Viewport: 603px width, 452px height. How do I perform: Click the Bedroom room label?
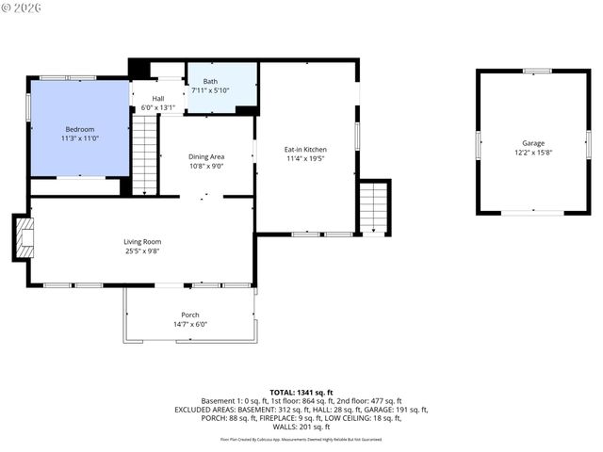coord(79,129)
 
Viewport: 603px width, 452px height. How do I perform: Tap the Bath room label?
coord(209,81)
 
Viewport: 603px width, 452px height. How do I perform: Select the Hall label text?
coord(157,98)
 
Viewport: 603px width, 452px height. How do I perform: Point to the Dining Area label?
coord(205,156)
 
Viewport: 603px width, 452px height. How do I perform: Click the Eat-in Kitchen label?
coord(305,149)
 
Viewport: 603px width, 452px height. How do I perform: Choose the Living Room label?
coord(142,241)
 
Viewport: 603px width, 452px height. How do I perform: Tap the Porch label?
coord(190,315)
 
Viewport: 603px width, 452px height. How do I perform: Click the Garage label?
coord(532,143)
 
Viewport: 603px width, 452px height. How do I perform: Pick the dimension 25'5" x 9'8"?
coord(142,250)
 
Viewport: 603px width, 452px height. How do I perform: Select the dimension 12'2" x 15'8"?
coord(532,153)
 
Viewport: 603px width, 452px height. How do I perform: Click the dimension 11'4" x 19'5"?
coord(305,158)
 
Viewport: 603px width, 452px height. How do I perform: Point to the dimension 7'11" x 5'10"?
coord(209,90)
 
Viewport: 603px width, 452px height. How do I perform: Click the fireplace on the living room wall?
coord(24,237)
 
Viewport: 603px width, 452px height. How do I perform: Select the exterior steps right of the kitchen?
coord(374,206)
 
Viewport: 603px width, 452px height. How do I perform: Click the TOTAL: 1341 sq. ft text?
coord(301,392)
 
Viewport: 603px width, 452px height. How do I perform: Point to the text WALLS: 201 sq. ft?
coord(301,428)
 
